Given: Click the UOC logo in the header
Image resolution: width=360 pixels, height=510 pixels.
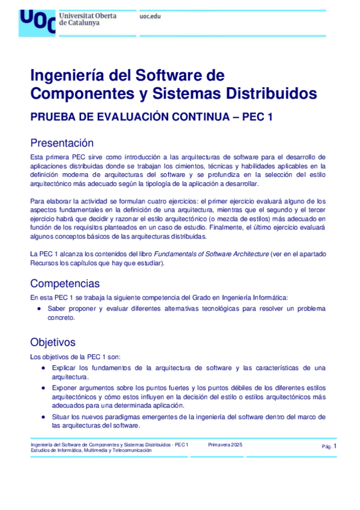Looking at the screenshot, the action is pyautogui.click(x=37, y=21).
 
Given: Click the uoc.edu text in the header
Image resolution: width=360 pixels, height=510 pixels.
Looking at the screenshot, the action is pyautogui.click(x=150, y=16).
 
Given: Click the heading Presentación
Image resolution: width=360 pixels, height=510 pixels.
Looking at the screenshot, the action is pyautogui.click(x=62, y=143).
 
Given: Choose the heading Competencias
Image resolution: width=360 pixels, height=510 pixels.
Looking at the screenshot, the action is pyautogui.click(x=65, y=283).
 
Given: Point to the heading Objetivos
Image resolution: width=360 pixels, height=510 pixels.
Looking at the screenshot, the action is pyautogui.click(x=53, y=342).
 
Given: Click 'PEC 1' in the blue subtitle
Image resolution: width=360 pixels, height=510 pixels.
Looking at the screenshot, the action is pyautogui.click(x=257, y=117).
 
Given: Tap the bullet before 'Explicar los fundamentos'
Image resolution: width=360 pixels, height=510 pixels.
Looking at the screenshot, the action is pyautogui.click(x=43, y=367).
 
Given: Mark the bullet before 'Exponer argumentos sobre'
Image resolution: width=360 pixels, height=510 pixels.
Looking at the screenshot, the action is pyautogui.click(x=43, y=388).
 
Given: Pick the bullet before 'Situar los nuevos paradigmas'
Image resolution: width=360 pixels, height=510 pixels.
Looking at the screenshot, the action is pyautogui.click(x=43, y=417).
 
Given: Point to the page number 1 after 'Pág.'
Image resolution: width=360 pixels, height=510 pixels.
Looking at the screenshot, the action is pyautogui.click(x=335, y=446).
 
